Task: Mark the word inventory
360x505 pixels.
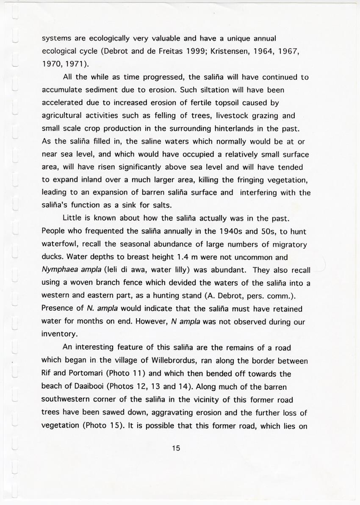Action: click(x=59, y=334)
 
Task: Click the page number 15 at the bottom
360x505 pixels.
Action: click(x=177, y=448)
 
